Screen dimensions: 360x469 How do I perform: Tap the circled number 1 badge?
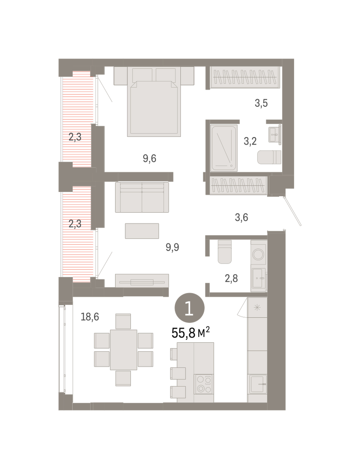click(189, 308)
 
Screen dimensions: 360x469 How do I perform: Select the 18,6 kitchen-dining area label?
click(90, 317)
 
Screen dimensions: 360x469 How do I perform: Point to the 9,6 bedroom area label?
click(150, 159)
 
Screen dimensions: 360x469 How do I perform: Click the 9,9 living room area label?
click(172, 247)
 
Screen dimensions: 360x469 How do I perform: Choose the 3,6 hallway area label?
click(241, 217)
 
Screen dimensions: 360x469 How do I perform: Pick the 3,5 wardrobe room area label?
click(261, 103)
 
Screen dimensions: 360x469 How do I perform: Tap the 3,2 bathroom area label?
click(250, 141)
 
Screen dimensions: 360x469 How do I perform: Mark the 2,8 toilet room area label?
click(231, 278)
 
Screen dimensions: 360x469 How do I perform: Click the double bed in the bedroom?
click(154, 102)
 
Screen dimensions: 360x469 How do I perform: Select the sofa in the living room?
click(142, 197)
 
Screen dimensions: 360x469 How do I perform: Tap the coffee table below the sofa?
click(142, 231)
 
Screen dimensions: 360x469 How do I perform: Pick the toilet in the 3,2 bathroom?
click(269, 157)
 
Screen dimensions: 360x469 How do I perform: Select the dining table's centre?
click(123, 350)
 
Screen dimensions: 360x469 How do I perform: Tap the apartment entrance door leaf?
click(292, 211)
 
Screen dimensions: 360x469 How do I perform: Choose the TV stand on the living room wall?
click(142, 281)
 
